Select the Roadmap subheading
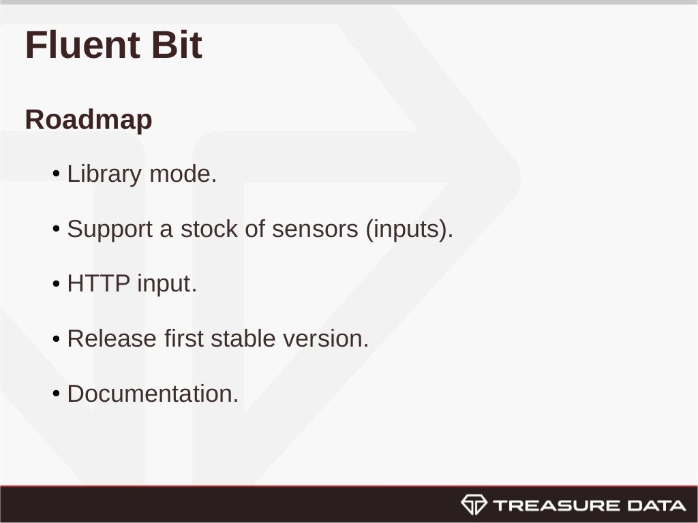[x=89, y=120]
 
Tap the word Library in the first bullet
[x=104, y=174]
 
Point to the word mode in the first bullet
[x=182, y=174]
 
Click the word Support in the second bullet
[x=110, y=229]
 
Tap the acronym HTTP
[x=98, y=283]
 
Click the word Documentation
[x=153, y=394]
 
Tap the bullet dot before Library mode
[x=57, y=175]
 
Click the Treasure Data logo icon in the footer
[x=474, y=505]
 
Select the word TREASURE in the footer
[x=556, y=505]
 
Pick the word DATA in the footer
[x=656, y=505]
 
